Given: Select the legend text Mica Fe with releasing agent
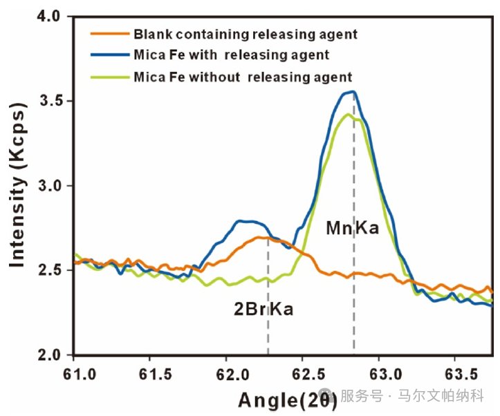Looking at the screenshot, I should tap(231, 55).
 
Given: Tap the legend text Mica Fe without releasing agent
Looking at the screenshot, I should tap(243, 76).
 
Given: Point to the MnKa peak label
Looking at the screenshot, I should tap(352, 227).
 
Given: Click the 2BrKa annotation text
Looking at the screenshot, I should tap(263, 309).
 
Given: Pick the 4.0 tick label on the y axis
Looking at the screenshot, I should tap(50, 16).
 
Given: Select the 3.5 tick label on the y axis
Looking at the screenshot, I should tap(50, 101).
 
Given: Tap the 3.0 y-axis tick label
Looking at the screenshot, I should tap(50, 186).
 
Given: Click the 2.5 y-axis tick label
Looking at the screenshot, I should tap(50, 270).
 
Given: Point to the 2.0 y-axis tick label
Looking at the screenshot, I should tap(50, 355).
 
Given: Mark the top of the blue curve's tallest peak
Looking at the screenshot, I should tap(353, 91).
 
